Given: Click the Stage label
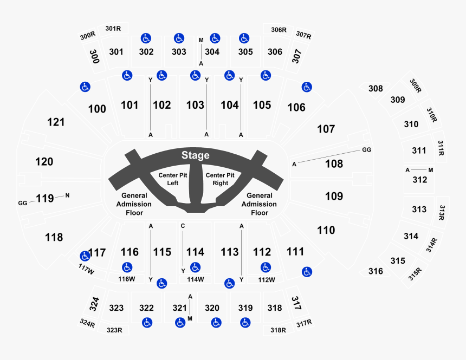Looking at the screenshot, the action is (x=195, y=156).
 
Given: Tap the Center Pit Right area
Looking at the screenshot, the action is (x=220, y=179).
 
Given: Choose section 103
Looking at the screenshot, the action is (x=195, y=105).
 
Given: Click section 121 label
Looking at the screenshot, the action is (x=56, y=122).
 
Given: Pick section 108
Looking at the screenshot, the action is (x=334, y=163).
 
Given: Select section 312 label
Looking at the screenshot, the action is (x=420, y=180).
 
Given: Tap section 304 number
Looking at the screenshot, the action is (x=212, y=52).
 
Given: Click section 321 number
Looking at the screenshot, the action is (x=179, y=308).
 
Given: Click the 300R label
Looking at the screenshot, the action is (x=87, y=36).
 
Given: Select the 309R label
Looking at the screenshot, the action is (x=416, y=86).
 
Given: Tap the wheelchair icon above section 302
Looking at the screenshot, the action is (x=145, y=38).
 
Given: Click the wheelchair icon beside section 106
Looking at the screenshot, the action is (x=306, y=87).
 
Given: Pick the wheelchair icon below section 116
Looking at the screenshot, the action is (x=127, y=267).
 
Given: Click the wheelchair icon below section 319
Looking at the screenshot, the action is (x=245, y=323).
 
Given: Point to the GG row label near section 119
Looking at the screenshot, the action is (x=22, y=203).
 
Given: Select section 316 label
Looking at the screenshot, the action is (x=375, y=271).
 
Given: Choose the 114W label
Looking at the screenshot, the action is (x=195, y=279).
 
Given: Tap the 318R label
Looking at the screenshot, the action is (x=279, y=329).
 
